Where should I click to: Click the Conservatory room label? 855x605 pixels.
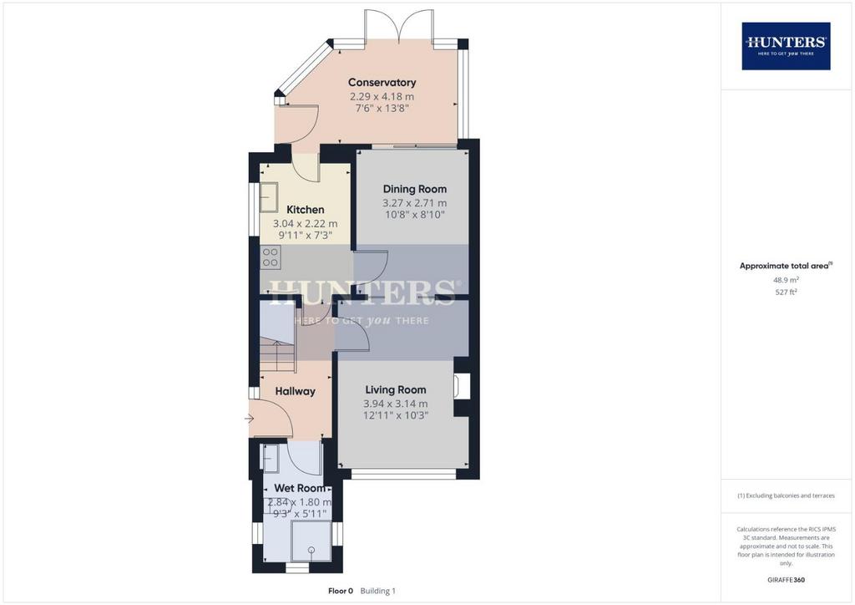[382, 83]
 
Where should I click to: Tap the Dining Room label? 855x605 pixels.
[414, 189]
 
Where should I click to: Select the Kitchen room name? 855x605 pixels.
[306, 210]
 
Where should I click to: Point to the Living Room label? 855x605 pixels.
[395, 389]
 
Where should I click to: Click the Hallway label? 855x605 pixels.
[295, 391]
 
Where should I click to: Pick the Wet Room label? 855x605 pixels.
[300, 488]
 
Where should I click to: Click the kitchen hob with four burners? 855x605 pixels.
[271, 257]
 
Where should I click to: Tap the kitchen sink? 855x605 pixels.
[269, 197]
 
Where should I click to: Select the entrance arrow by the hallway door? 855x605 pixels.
[249, 419]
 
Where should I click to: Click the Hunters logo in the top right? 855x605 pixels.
[786, 46]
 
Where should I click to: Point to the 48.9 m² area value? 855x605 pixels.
[786, 280]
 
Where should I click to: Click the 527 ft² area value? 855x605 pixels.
[786, 292]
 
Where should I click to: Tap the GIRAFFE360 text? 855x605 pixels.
[786, 580]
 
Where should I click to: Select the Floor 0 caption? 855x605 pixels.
[341, 591]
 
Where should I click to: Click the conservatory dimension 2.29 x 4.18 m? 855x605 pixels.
[382, 97]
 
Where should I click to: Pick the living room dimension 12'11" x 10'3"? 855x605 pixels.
[395, 415]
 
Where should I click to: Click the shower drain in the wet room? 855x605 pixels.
[311, 549]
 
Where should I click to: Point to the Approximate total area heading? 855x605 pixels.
[786, 267]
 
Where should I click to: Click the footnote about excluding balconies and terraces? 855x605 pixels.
[786, 496]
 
